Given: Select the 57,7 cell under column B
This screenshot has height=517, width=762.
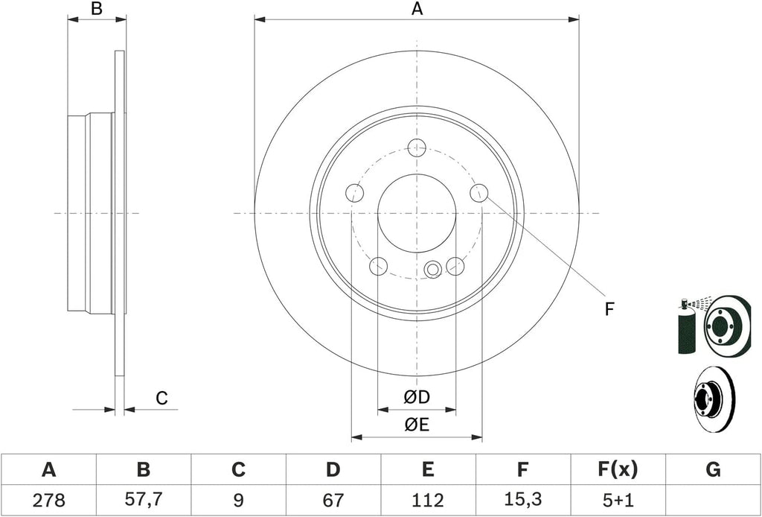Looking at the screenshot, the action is point(144,500).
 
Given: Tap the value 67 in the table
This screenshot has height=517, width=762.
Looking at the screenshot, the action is point(333,499).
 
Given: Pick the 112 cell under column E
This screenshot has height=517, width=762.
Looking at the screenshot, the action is point(428,499).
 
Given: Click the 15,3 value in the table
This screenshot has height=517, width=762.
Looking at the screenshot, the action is point(522,500).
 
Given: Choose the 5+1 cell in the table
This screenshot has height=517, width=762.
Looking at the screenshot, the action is point(617,499).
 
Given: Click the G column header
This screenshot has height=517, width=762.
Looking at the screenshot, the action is point(713,470).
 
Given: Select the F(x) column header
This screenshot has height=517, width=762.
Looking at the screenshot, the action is point(617,470).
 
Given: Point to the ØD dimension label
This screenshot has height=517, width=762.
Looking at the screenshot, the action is point(417,398).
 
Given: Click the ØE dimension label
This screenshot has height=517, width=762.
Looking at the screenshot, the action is point(417,425).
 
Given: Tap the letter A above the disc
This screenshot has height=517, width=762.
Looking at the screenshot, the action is point(417,9).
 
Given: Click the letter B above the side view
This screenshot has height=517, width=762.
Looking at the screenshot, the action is point(97,9).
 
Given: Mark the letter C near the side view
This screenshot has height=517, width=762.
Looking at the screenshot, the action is point(161,399).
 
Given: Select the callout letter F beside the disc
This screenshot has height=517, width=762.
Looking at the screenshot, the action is point(609,309).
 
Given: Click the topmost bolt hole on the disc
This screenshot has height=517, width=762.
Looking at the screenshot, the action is point(417,148).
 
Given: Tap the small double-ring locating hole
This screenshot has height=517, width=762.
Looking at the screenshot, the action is point(432,268).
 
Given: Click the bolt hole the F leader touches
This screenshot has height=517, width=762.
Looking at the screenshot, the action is point(478,193).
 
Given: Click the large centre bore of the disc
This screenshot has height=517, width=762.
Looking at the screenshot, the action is point(417,213).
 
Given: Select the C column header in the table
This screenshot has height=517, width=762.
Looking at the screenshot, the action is point(238,470).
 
